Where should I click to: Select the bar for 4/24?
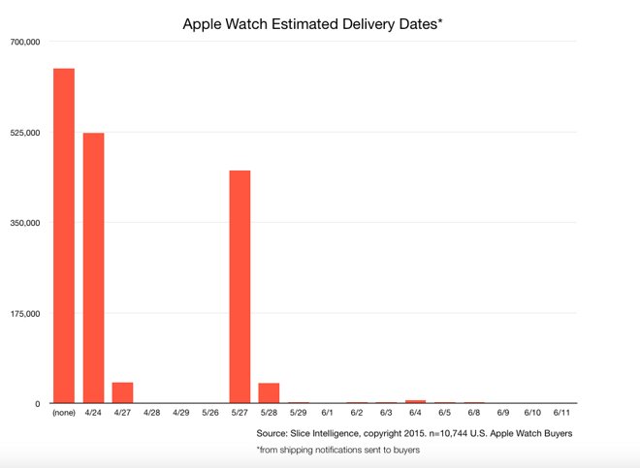point(93,267)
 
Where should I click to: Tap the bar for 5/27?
point(240,287)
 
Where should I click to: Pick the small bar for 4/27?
point(123,392)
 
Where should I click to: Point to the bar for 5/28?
point(269,392)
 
